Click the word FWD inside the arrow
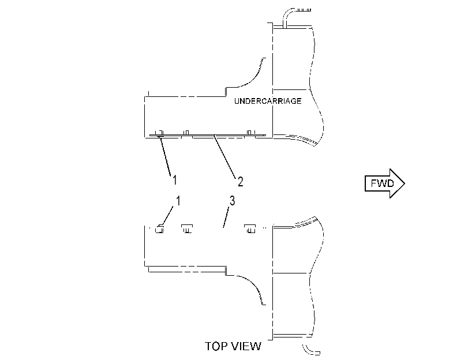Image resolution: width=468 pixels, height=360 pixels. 383,183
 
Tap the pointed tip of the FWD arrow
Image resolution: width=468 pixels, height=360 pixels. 405,183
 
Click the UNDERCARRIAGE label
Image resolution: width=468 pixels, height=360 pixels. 268,101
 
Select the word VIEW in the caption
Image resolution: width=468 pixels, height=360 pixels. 246,346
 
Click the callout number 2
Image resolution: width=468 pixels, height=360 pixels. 240,182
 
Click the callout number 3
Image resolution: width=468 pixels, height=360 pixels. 232,201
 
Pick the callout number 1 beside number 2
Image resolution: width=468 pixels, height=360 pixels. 175,180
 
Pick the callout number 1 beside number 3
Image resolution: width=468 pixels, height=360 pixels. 178,201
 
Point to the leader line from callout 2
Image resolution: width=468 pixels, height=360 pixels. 224,156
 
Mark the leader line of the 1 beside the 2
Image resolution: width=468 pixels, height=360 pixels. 166,156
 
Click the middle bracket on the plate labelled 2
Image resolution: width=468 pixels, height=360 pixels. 186,133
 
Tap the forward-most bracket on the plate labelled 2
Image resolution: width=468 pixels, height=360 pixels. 250,133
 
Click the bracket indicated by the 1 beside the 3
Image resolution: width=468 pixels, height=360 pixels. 159,229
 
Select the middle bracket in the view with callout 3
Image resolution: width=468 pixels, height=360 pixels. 187,228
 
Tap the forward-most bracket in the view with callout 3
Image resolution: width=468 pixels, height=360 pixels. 250,228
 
